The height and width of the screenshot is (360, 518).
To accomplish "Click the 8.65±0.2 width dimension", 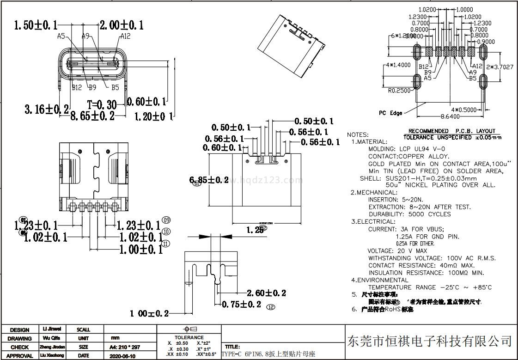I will point(92,116).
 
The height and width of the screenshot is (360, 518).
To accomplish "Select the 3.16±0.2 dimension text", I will point(47,109).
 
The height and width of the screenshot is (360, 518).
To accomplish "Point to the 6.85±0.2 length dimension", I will point(209,180).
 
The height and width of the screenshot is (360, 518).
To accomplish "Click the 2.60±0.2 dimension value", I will point(266,293).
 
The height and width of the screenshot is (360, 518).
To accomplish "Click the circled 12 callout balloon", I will point(271,306).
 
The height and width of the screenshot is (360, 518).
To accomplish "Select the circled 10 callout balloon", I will point(166,232).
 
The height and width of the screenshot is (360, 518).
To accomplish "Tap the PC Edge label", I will point(390,113).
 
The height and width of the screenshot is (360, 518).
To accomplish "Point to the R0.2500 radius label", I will point(399,91).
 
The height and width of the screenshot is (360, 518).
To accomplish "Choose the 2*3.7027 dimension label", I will point(500,67).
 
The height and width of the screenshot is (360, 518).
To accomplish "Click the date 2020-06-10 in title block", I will point(122,356).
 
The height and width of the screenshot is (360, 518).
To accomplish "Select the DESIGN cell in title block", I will point(19,330).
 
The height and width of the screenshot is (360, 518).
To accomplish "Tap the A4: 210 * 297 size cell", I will point(125,347).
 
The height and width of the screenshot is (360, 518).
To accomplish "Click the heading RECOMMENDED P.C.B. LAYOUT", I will point(451,131).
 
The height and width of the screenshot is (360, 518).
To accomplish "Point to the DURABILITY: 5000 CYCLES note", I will point(409,214).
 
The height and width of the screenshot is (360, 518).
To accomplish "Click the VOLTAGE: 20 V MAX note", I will point(397,251).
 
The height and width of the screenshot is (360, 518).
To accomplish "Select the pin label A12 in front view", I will point(125,36).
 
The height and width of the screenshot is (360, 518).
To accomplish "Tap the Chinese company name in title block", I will point(429,342).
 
